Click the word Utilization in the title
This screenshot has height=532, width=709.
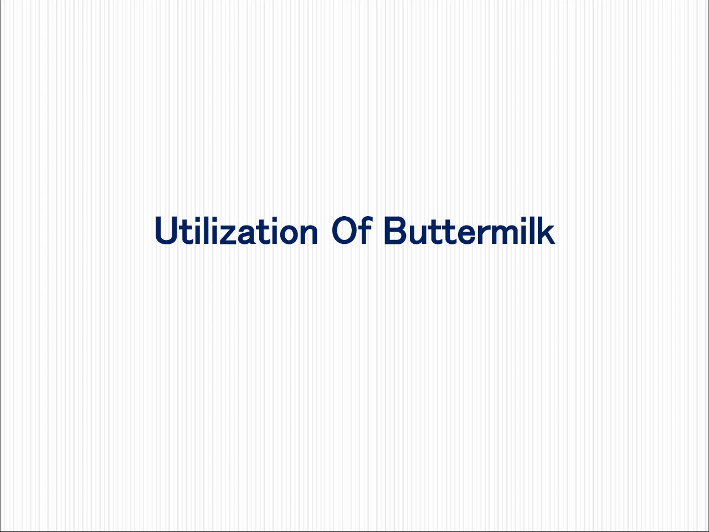(237, 231)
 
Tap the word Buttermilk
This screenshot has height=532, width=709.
(470, 230)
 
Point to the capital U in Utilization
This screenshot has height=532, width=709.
(167, 231)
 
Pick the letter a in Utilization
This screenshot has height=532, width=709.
(246, 234)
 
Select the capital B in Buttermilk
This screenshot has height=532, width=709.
(395, 231)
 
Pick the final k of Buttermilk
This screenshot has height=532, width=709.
(546, 230)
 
